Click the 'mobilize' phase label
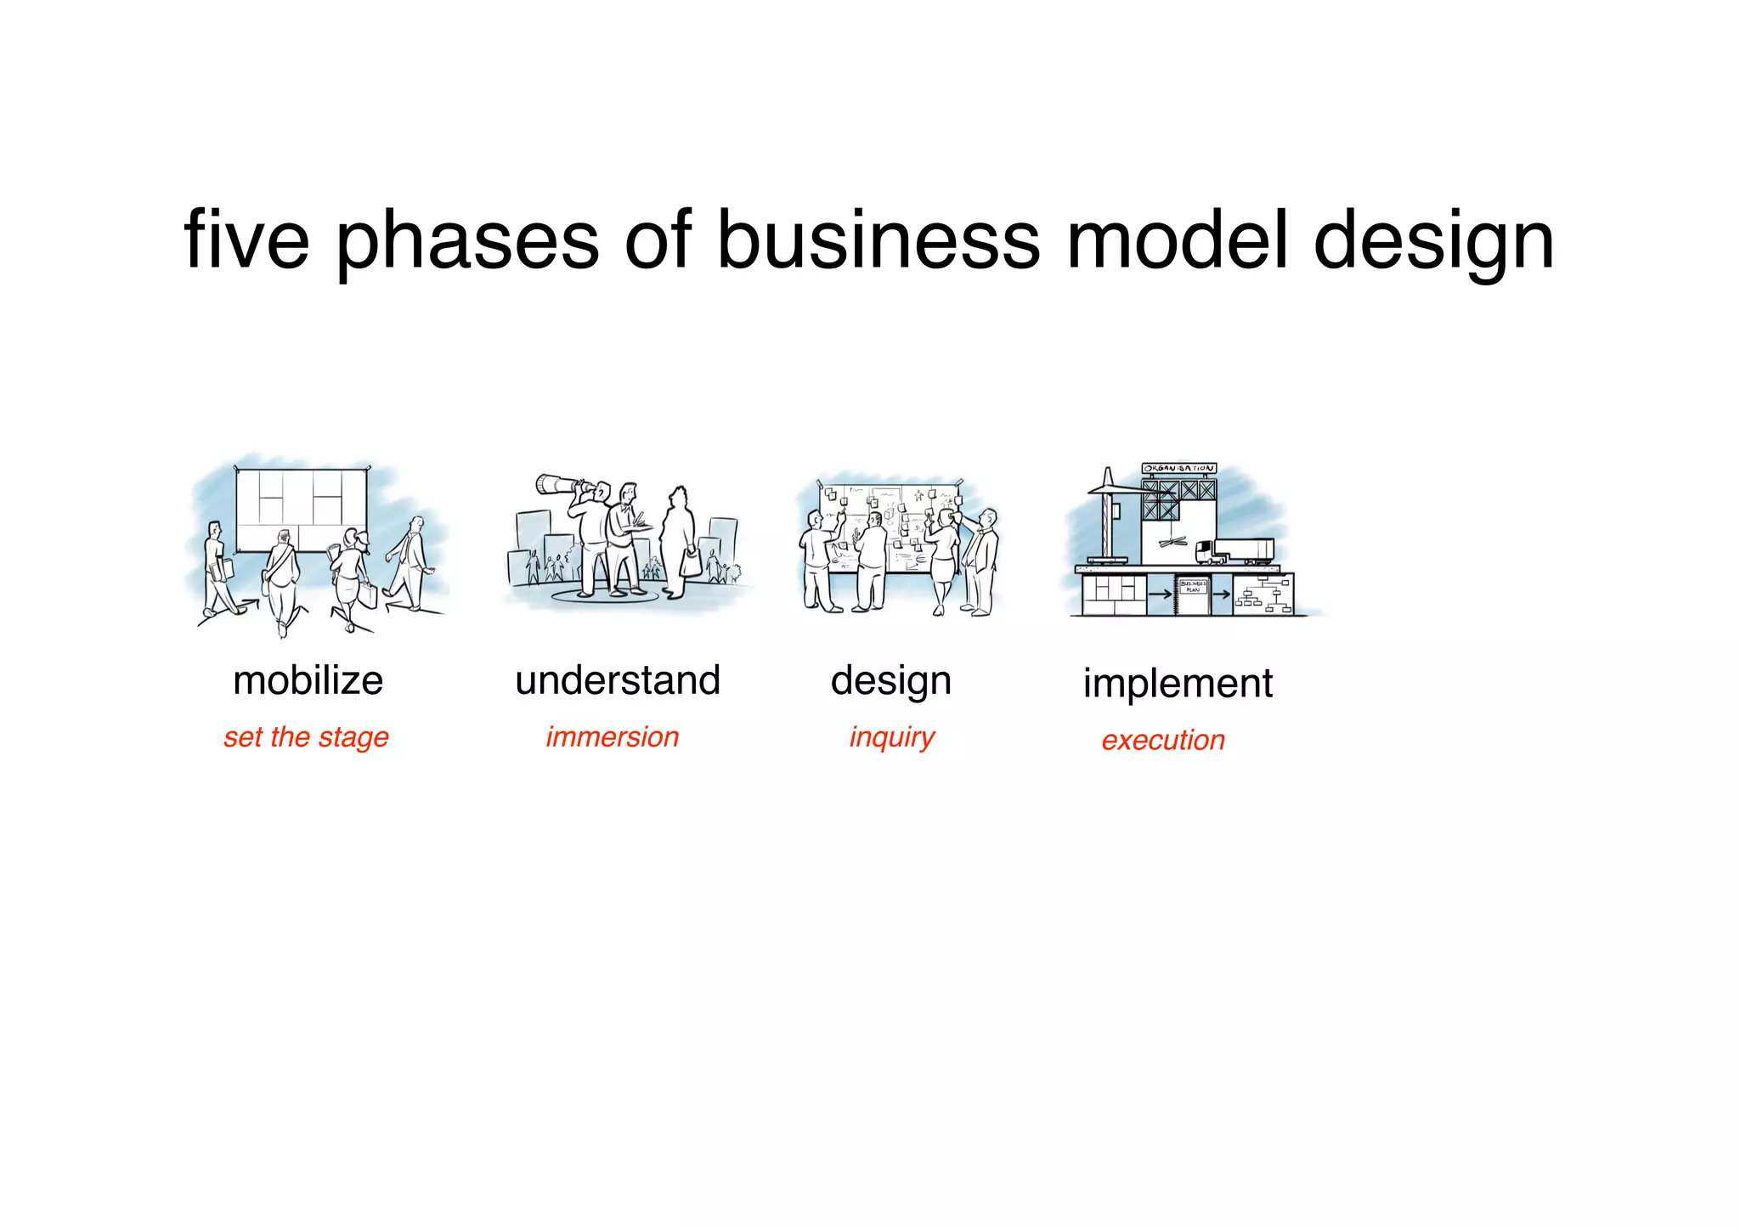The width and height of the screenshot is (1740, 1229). [x=308, y=680]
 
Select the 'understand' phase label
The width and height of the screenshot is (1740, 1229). [x=618, y=680]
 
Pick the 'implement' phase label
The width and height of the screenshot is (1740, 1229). [x=1178, y=683]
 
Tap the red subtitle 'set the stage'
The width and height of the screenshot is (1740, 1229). [x=306, y=736]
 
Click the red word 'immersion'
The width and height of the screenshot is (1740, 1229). [x=613, y=736]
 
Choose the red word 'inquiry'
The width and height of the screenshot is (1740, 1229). [x=891, y=736]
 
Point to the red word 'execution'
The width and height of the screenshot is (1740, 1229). [x=1163, y=740]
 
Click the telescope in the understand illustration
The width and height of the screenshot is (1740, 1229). [x=556, y=486]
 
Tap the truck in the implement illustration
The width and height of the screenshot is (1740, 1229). [x=1234, y=550]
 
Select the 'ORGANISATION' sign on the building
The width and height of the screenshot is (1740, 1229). [x=1178, y=468]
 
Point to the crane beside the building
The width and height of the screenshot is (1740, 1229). [x=1106, y=518]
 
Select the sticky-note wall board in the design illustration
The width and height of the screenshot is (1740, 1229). [x=892, y=527]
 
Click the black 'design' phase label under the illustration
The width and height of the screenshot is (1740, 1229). [x=891, y=680]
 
